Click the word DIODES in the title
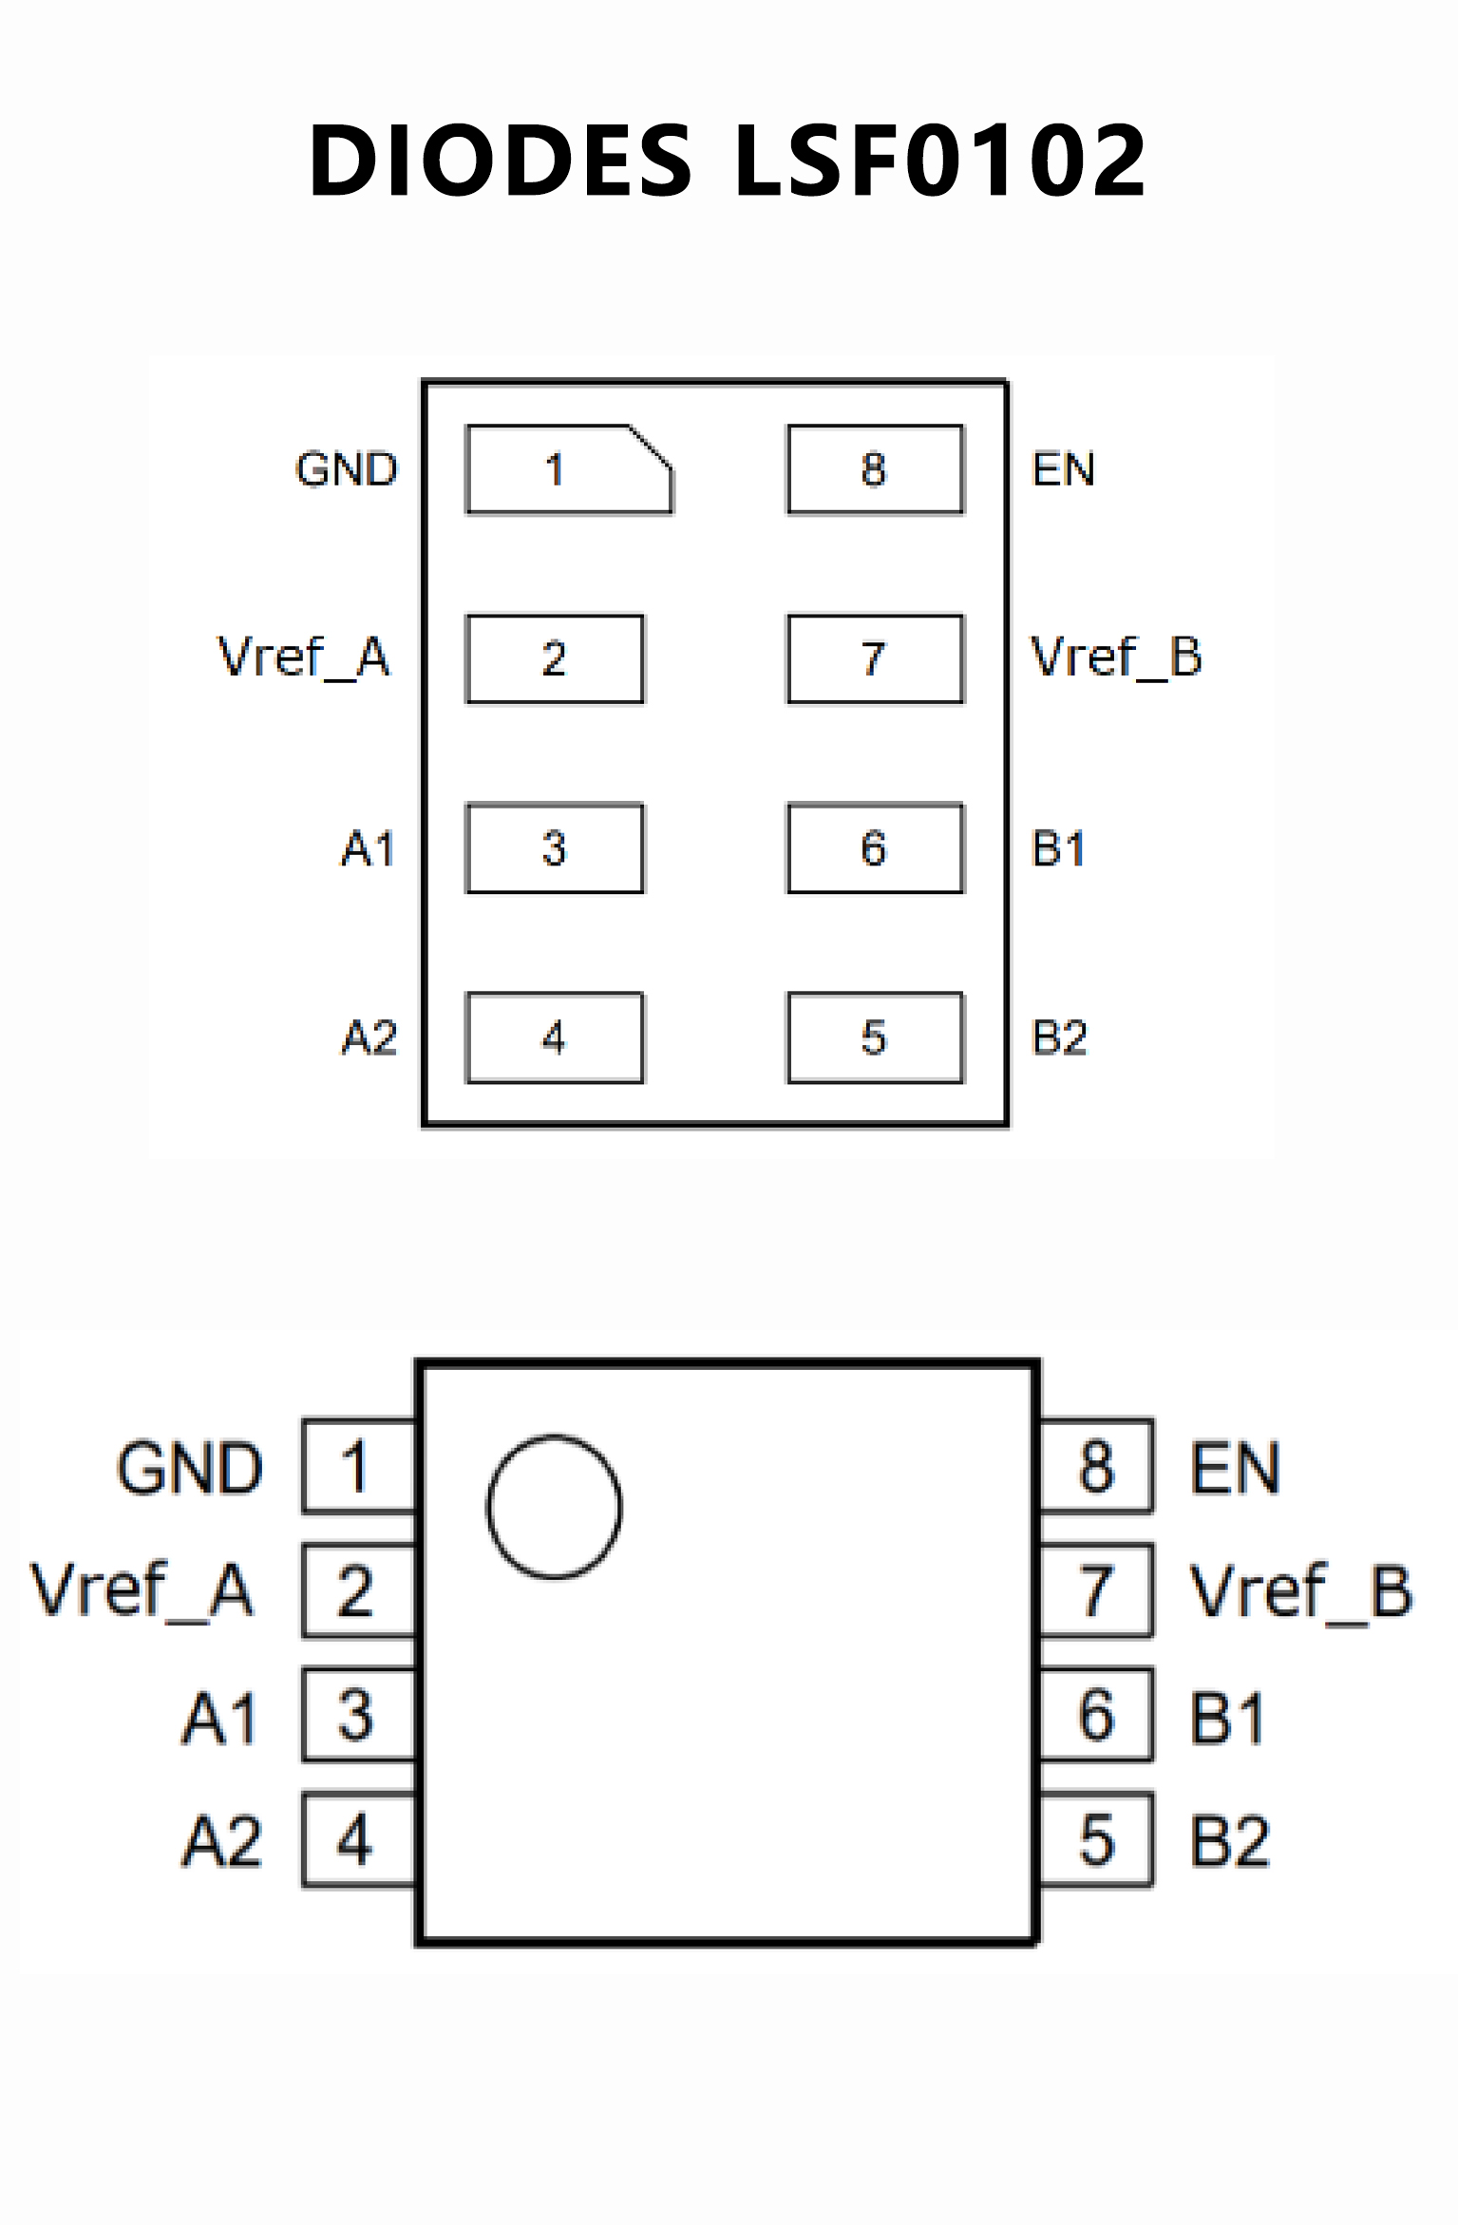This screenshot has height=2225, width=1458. tap(501, 162)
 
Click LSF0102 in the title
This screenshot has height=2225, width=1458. tap(940, 162)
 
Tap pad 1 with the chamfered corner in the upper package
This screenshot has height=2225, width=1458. tap(568, 469)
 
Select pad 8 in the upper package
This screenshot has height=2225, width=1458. tap(875, 469)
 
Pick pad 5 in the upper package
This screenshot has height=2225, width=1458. tap(875, 1037)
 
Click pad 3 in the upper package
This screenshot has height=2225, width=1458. tap(555, 848)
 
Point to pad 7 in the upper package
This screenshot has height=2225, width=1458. tap(875, 659)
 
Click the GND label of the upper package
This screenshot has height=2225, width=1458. tap(347, 469)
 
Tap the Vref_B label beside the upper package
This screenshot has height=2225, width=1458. tap(1117, 657)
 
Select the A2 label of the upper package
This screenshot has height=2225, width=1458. tap(369, 1037)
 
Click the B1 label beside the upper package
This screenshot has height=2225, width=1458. tap(1058, 848)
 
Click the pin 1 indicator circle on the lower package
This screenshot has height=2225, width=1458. tap(555, 1507)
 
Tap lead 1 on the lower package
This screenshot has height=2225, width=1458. tap(359, 1466)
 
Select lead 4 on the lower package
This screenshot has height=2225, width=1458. tap(359, 1839)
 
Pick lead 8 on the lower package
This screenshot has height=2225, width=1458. tap(1097, 1466)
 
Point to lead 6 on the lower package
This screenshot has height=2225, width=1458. tap(1097, 1715)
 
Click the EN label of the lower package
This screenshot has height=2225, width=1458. tap(1235, 1469)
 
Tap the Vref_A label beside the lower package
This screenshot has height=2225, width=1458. tap(142, 1590)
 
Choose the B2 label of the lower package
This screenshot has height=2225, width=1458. tap(1230, 1841)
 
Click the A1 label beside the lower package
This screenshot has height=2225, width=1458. tap(220, 1718)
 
